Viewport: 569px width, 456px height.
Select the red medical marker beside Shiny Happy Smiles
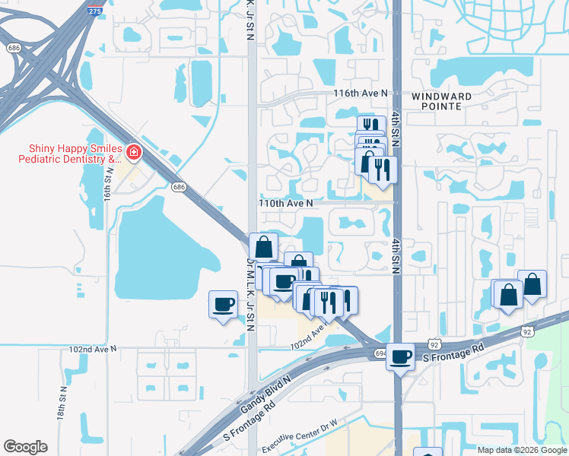134,154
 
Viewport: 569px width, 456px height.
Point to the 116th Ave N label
361,93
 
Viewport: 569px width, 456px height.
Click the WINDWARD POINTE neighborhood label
442,102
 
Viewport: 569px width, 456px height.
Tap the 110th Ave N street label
286,204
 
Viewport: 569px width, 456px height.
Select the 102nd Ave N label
92,349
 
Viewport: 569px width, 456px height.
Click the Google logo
25,447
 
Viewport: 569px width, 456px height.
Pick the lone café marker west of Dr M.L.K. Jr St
223,304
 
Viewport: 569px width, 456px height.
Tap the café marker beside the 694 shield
400,355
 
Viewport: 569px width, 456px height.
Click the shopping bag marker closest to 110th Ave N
263,246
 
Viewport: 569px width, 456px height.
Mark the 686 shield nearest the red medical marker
179,186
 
